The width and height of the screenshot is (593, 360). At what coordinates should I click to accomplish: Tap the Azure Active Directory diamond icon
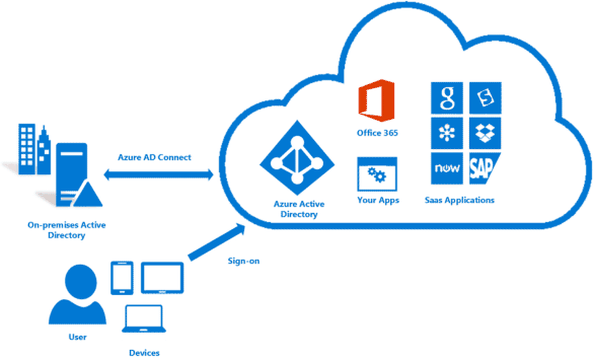click(297, 161)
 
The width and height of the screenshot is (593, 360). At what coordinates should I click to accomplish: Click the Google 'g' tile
click(447, 98)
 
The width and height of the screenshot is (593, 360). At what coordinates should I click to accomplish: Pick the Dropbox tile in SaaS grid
click(485, 133)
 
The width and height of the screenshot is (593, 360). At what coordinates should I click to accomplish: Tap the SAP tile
click(484, 169)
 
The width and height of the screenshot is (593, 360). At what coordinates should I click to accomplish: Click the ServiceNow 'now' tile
click(447, 169)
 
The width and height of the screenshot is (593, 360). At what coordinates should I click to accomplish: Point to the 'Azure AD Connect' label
click(154, 157)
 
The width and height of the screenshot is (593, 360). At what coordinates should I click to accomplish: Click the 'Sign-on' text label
click(244, 261)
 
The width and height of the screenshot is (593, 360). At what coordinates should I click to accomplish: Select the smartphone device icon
click(119, 277)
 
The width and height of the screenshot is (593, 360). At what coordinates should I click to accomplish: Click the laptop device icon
click(144, 321)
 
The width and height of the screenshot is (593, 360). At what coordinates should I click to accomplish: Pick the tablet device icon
click(162, 277)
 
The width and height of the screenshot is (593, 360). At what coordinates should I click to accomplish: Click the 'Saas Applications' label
click(460, 200)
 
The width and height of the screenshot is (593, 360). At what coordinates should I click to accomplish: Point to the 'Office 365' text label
click(377, 133)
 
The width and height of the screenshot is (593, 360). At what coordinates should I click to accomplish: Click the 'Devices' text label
click(144, 353)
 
